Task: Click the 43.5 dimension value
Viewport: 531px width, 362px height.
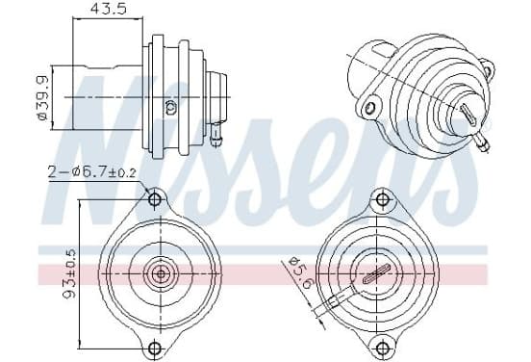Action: pos(108,9)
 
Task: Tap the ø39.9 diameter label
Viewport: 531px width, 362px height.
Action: pos(43,98)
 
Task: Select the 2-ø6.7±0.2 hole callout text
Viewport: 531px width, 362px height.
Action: pos(91,173)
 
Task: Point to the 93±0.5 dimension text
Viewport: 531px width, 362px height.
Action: pos(70,275)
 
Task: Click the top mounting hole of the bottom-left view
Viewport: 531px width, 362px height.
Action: pos(155,199)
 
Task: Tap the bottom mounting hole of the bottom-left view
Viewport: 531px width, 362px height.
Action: pos(155,348)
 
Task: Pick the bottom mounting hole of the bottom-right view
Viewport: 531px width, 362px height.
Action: pos(382,348)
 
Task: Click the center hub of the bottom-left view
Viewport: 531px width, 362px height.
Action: pos(161,273)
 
